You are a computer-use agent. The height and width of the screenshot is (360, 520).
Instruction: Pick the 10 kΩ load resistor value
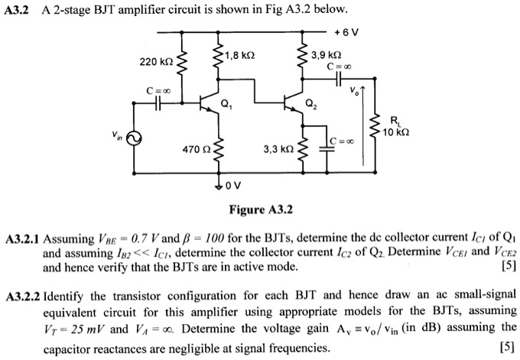[x=398, y=132]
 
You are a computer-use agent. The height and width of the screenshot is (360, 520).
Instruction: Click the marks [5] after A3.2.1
[x=506, y=267]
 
